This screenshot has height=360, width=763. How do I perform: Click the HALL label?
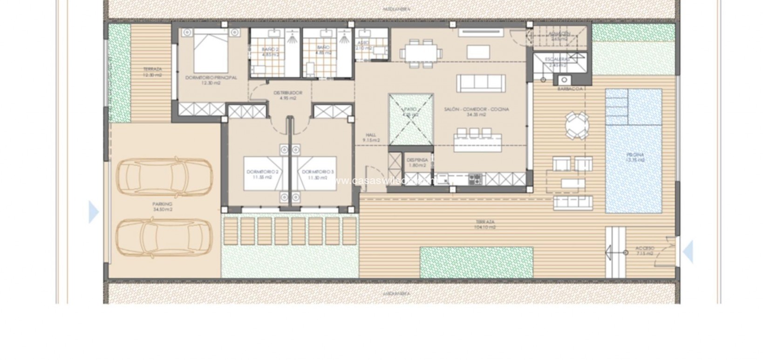tap(371, 135)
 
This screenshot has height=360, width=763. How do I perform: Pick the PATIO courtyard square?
tap(410, 119)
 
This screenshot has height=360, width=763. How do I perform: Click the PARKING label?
tap(162, 204)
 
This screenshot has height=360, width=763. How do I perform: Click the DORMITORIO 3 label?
tap(318, 172)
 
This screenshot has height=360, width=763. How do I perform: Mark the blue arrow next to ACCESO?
tap(688, 251)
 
